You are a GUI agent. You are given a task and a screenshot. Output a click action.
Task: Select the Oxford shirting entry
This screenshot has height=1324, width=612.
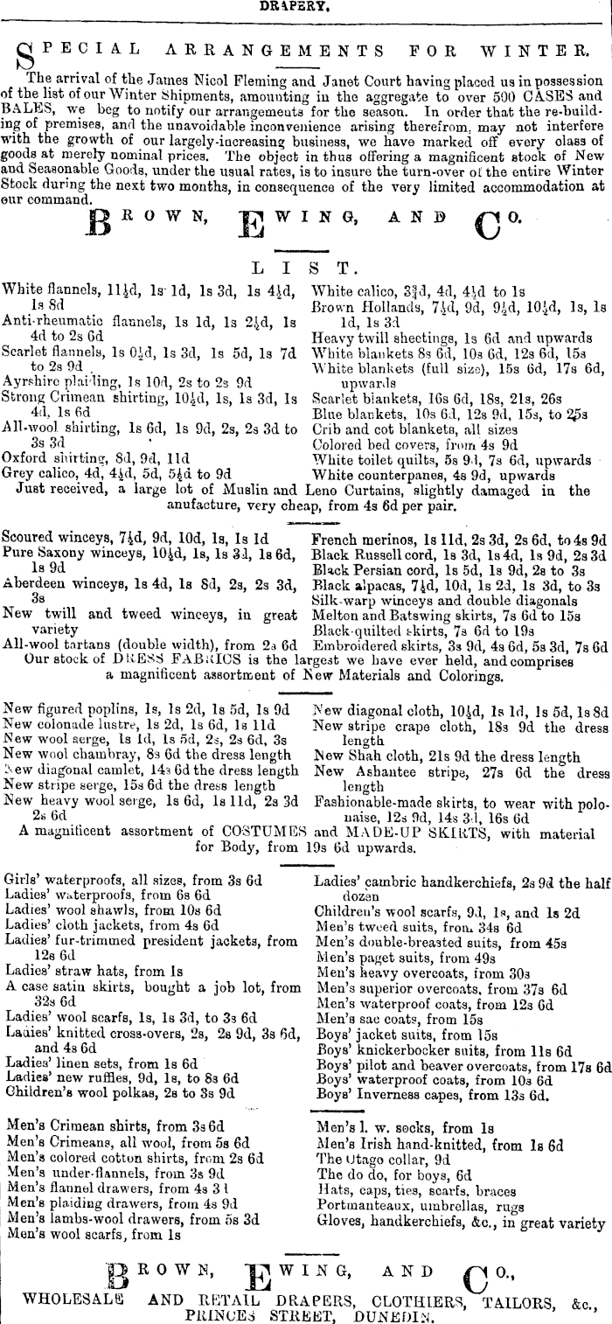pyautogui.click(x=84, y=456)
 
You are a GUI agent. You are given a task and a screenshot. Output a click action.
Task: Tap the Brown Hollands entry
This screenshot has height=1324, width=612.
pyautogui.click(x=458, y=307)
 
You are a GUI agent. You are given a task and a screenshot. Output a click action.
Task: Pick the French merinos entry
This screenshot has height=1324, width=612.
pyautogui.click(x=459, y=540)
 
